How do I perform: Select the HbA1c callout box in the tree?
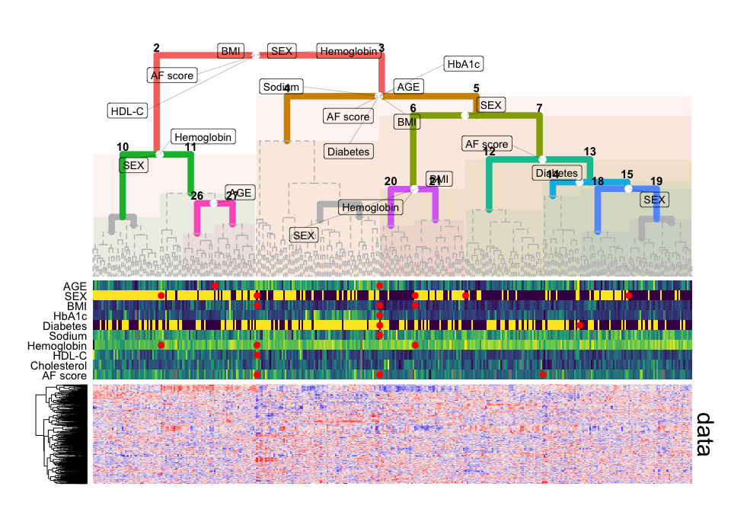click(464, 65)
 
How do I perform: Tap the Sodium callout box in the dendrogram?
click(281, 86)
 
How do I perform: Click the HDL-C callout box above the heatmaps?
click(127, 110)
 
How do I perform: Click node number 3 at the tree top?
click(381, 49)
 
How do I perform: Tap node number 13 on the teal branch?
click(589, 152)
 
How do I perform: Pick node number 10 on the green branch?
click(123, 146)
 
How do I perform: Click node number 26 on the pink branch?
click(197, 197)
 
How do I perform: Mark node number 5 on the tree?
click(476, 88)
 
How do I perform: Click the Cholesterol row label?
click(63, 365)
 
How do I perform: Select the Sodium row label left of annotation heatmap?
click(68, 335)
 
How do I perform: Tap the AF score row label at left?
click(65, 375)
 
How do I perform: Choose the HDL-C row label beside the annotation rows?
click(70, 355)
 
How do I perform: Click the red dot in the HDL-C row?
click(257, 355)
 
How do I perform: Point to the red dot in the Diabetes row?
click(580, 325)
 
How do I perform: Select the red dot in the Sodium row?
click(379, 335)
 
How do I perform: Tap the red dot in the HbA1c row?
click(379, 315)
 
